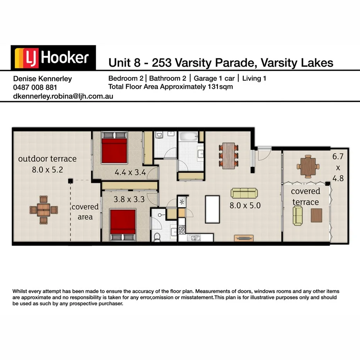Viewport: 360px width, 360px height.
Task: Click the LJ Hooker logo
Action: click(x=53, y=58)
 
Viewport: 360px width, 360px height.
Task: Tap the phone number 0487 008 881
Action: click(x=35, y=87)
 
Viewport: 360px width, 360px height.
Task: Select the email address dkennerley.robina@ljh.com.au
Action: click(x=63, y=96)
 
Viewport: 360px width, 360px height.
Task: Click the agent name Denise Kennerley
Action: click(x=42, y=78)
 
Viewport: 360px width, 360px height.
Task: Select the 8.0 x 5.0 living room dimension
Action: click(x=245, y=205)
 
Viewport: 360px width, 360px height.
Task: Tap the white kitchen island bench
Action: click(x=212, y=209)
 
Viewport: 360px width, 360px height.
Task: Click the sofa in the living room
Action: click(x=244, y=193)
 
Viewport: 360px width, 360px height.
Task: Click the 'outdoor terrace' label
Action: click(x=47, y=159)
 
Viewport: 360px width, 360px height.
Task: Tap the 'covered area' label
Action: click(x=85, y=212)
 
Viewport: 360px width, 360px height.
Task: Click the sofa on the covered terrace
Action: click(x=298, y=215)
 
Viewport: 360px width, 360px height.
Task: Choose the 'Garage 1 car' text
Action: click(x=214, y=78)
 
